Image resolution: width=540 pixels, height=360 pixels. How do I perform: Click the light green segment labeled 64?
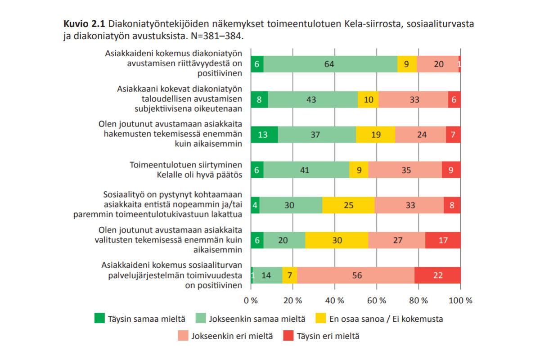[330, 64]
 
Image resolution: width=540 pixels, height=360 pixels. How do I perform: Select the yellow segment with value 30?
[337, 240]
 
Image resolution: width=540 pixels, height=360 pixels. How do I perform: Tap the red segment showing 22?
[437, 275]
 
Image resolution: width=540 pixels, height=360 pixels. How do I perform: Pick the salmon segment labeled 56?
[356, 275]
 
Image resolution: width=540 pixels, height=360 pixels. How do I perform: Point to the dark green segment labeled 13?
[264, 135]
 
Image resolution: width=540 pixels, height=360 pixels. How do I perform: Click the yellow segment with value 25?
[348, 205]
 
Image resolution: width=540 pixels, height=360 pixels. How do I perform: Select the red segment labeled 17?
[443, 240]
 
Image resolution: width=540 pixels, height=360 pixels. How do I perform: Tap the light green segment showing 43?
[313, 99]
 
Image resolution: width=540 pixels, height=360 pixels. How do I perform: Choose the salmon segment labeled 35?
[405, 170]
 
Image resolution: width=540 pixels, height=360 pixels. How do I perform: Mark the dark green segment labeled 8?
[259, 99]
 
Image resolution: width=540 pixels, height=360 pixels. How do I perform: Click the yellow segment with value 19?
[376, 135]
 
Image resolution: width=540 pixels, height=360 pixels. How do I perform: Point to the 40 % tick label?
[335, 301]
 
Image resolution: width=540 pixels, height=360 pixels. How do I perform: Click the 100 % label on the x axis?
[460, 301]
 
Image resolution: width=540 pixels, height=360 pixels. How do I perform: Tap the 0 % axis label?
[251, 301]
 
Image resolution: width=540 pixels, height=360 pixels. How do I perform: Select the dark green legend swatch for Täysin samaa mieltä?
[99, 318]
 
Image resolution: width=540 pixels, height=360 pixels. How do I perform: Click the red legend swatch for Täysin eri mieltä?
[288, 335]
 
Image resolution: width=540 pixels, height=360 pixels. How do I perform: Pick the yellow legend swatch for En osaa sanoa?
[320, 318]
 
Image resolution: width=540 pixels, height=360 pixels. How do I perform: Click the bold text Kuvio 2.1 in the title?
[85, 24]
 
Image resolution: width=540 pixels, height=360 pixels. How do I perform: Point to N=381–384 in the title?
[217, 36]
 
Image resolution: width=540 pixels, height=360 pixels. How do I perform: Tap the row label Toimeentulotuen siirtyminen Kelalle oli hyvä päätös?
[185, 170]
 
